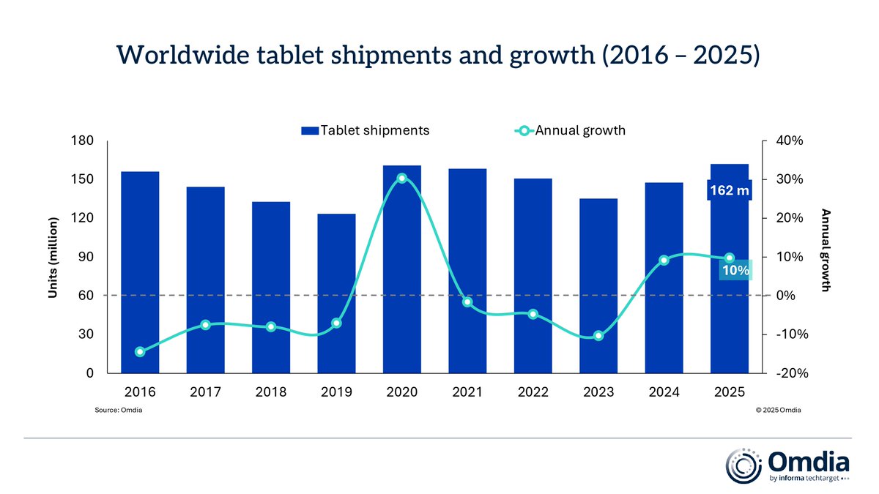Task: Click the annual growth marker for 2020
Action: click(402, 179)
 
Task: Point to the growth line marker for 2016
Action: click(140, 352)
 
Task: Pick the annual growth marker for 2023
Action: click(598, 336)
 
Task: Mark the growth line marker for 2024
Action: click(664, 260)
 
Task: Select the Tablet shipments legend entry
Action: click(365, 131)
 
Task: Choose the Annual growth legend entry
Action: click(571, 131)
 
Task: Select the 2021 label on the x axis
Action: click(467, 392)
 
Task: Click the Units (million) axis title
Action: click(53, 257)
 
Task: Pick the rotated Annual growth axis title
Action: click(826, 250)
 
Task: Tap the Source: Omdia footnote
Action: click(119, 411)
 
